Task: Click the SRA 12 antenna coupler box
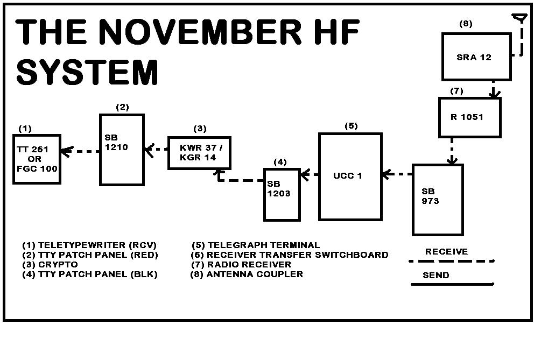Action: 476,57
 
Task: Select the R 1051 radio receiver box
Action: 469,117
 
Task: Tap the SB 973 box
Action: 438,200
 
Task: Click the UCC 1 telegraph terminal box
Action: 350,177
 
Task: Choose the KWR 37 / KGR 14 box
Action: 199,153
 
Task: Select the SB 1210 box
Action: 122,150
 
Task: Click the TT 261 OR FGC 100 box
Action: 37,159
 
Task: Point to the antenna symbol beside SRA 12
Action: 520,19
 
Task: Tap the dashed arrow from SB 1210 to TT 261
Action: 81,152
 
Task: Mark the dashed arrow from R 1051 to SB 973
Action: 452,150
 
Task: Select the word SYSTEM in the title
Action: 88,73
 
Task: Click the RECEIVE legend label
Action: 446,251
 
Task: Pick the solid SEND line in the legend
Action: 452,284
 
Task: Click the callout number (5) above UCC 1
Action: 351,126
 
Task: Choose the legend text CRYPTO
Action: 58,264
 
